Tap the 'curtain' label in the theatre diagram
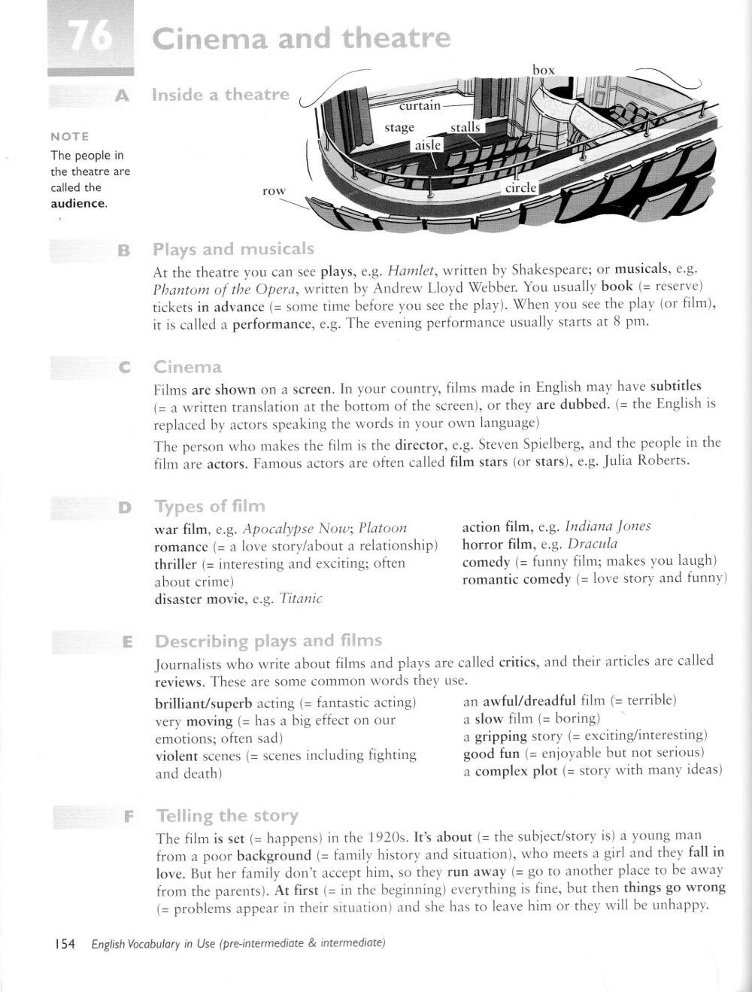420,105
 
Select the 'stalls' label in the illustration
465,127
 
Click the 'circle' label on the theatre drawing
520,187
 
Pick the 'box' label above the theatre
543,70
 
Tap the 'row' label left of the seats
274,191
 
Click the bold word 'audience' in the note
77,204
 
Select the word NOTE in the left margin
69,136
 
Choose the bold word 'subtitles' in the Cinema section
675,387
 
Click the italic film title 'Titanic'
300,599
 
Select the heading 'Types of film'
209,506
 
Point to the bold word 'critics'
517,663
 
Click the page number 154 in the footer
65,945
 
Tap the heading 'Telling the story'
226,816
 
